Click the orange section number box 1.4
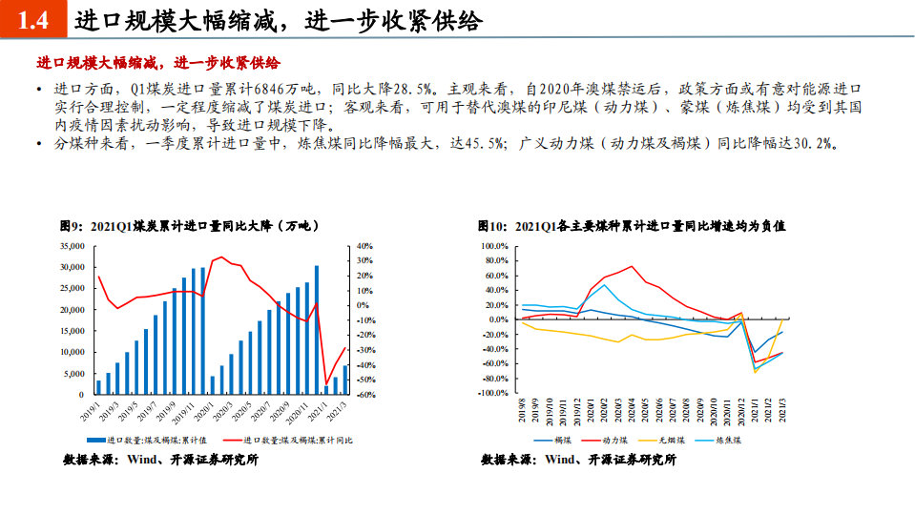point(32,21)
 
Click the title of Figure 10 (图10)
point(631,226)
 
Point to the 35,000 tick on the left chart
point(72,246)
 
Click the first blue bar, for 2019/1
point(98,387)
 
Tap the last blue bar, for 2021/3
point(345,380)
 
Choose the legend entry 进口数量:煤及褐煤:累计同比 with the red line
point(290,440)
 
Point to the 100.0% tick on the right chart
point(499,246)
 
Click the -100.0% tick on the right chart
point(497,392)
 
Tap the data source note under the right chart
point(578,460)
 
